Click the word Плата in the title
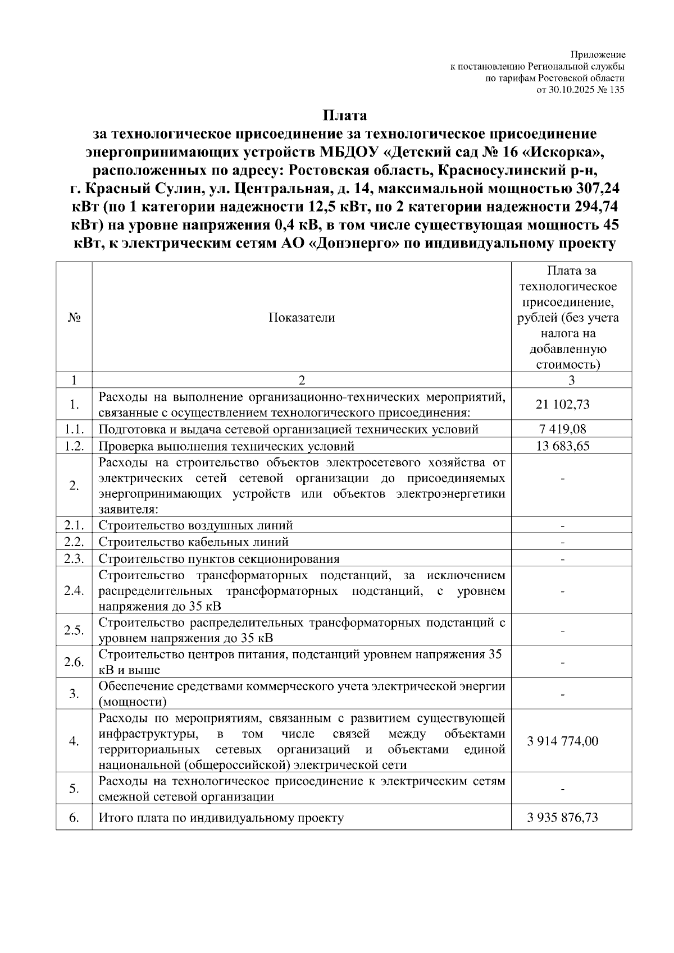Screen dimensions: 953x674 tap(345, 116)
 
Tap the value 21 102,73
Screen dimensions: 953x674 tap(563, 404)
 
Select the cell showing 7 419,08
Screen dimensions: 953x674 tap(563, 429)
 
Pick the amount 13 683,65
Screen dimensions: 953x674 tap(563, 446)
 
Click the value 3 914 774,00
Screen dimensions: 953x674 tap(563, 741)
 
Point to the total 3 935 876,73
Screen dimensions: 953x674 tap(563, 817)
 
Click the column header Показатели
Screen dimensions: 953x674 tap(302, 318)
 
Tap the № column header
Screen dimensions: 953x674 tap(74, 318)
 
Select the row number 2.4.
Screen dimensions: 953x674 tap(74, 591)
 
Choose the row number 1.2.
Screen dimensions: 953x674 tap(74, 446)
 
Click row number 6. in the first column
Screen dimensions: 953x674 tap(74, 817)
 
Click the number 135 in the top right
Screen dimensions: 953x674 tap(617, 89)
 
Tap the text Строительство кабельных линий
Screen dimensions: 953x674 tap(194, 542)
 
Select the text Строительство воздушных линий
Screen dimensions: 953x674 tap(195, 526)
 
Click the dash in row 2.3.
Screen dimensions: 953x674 tap(563, 559)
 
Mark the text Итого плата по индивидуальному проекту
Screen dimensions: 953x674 tap(221, 818)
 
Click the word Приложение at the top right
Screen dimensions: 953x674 tap(598, 55)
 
